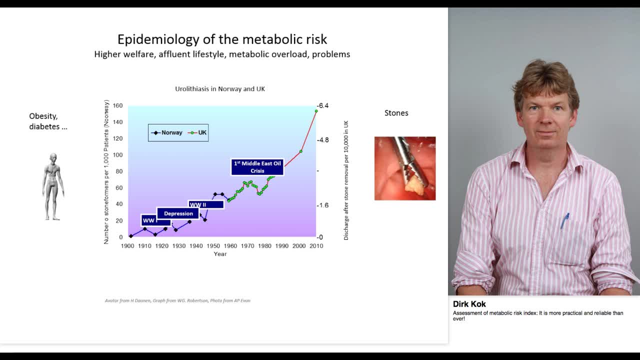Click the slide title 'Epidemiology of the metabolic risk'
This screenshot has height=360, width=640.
(222, 39)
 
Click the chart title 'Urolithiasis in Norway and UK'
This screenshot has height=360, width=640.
(220, 89)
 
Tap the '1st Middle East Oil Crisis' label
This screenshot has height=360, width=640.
(257, 167)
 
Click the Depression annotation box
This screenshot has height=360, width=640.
(178, 213)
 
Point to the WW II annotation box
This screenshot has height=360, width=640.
(205, 204)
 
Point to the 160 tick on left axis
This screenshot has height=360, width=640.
(117, 105)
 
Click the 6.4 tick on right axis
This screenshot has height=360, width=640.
(323, 105)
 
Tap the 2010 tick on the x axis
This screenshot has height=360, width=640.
(316, 246)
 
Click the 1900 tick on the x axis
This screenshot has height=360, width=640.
(127, 246)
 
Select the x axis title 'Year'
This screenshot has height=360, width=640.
(220, 254)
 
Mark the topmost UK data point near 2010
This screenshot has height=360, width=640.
(316, 111)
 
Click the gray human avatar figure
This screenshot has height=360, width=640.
(52, 186)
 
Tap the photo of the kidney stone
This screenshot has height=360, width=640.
(405, 168)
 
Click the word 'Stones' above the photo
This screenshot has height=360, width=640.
(396, 113)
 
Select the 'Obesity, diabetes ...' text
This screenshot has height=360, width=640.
(48, 121)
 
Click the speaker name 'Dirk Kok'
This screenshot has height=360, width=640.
(469, 304)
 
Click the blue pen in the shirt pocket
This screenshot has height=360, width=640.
(564, 220)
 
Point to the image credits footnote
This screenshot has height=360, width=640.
(177, 300)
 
